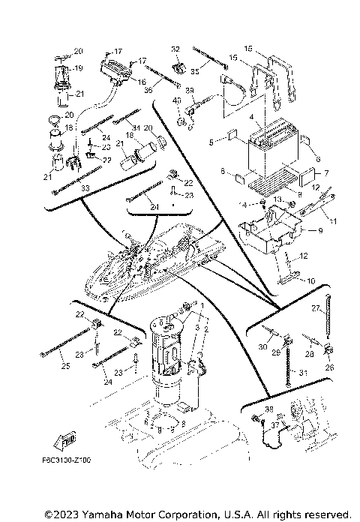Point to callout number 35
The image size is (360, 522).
pyautogui.click(x=194, y=73)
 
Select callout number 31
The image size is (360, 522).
pyautogui.click(x=304, y=373)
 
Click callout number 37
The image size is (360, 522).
pyautogui.click(x=276, y=424)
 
